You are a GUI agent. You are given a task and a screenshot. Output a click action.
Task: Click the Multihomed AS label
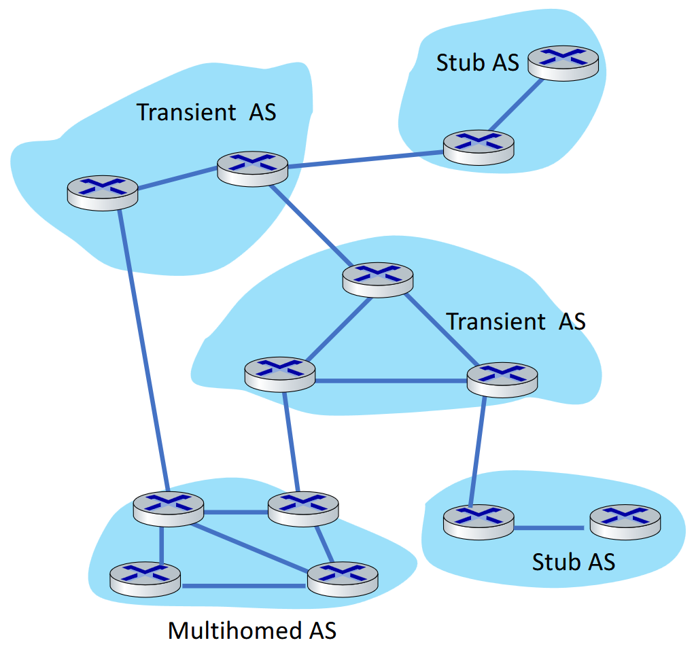pyautogui.click(x=252, y=631)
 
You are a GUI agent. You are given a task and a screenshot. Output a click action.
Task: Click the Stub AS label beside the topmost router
pyautogui.click(x=477, y=63)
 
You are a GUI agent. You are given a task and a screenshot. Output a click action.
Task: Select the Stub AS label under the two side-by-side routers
pyautogui.click(x=573, y=562)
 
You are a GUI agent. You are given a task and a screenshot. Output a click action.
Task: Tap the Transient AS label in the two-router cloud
pyautogui.click(x=207, y=111)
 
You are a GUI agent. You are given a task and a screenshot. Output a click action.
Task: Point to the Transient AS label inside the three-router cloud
pyautogui.click(x=515, y=321)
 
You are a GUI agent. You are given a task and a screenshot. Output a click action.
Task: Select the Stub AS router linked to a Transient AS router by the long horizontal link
pyautogui.click(x=479, y=147)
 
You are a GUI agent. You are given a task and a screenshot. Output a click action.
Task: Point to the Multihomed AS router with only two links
pyautogui.click(x=145, y=579)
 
